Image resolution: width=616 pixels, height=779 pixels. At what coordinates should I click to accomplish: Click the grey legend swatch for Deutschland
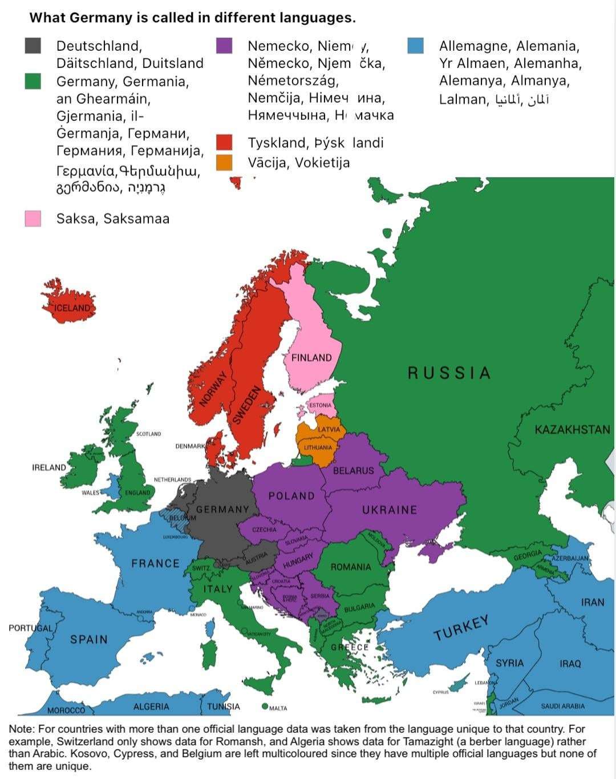(33, 46)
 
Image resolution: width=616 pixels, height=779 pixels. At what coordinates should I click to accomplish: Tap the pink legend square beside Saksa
(33, 219)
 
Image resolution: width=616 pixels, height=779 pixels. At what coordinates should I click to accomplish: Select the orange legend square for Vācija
(224, 163)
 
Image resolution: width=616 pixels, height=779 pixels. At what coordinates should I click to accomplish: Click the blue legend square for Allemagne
(416, 46)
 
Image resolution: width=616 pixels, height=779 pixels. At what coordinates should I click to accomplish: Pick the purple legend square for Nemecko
(224, 46)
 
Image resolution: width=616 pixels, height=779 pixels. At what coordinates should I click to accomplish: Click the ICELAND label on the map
(72, 308)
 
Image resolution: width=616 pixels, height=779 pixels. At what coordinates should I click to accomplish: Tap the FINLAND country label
(311, 358)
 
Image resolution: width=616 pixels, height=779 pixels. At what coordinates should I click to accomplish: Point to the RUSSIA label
(449, 373)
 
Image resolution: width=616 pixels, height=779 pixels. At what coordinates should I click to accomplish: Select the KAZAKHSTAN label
(572, 430)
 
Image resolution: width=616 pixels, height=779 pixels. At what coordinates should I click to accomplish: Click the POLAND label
(291, 496)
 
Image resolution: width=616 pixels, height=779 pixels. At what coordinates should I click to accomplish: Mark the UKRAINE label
(390, 510)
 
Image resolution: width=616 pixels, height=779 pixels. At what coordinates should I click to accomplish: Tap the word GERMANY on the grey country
(222, 510)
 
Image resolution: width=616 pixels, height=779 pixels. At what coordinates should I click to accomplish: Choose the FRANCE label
(155, 564)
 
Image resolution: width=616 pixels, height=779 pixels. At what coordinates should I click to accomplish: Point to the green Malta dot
(265, 707)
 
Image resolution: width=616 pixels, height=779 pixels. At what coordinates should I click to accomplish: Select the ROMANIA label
(351, 567)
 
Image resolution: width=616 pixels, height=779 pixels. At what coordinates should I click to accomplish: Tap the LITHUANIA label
(318, 447)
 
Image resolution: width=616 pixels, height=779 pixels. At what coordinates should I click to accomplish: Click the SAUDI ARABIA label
(562, 707)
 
